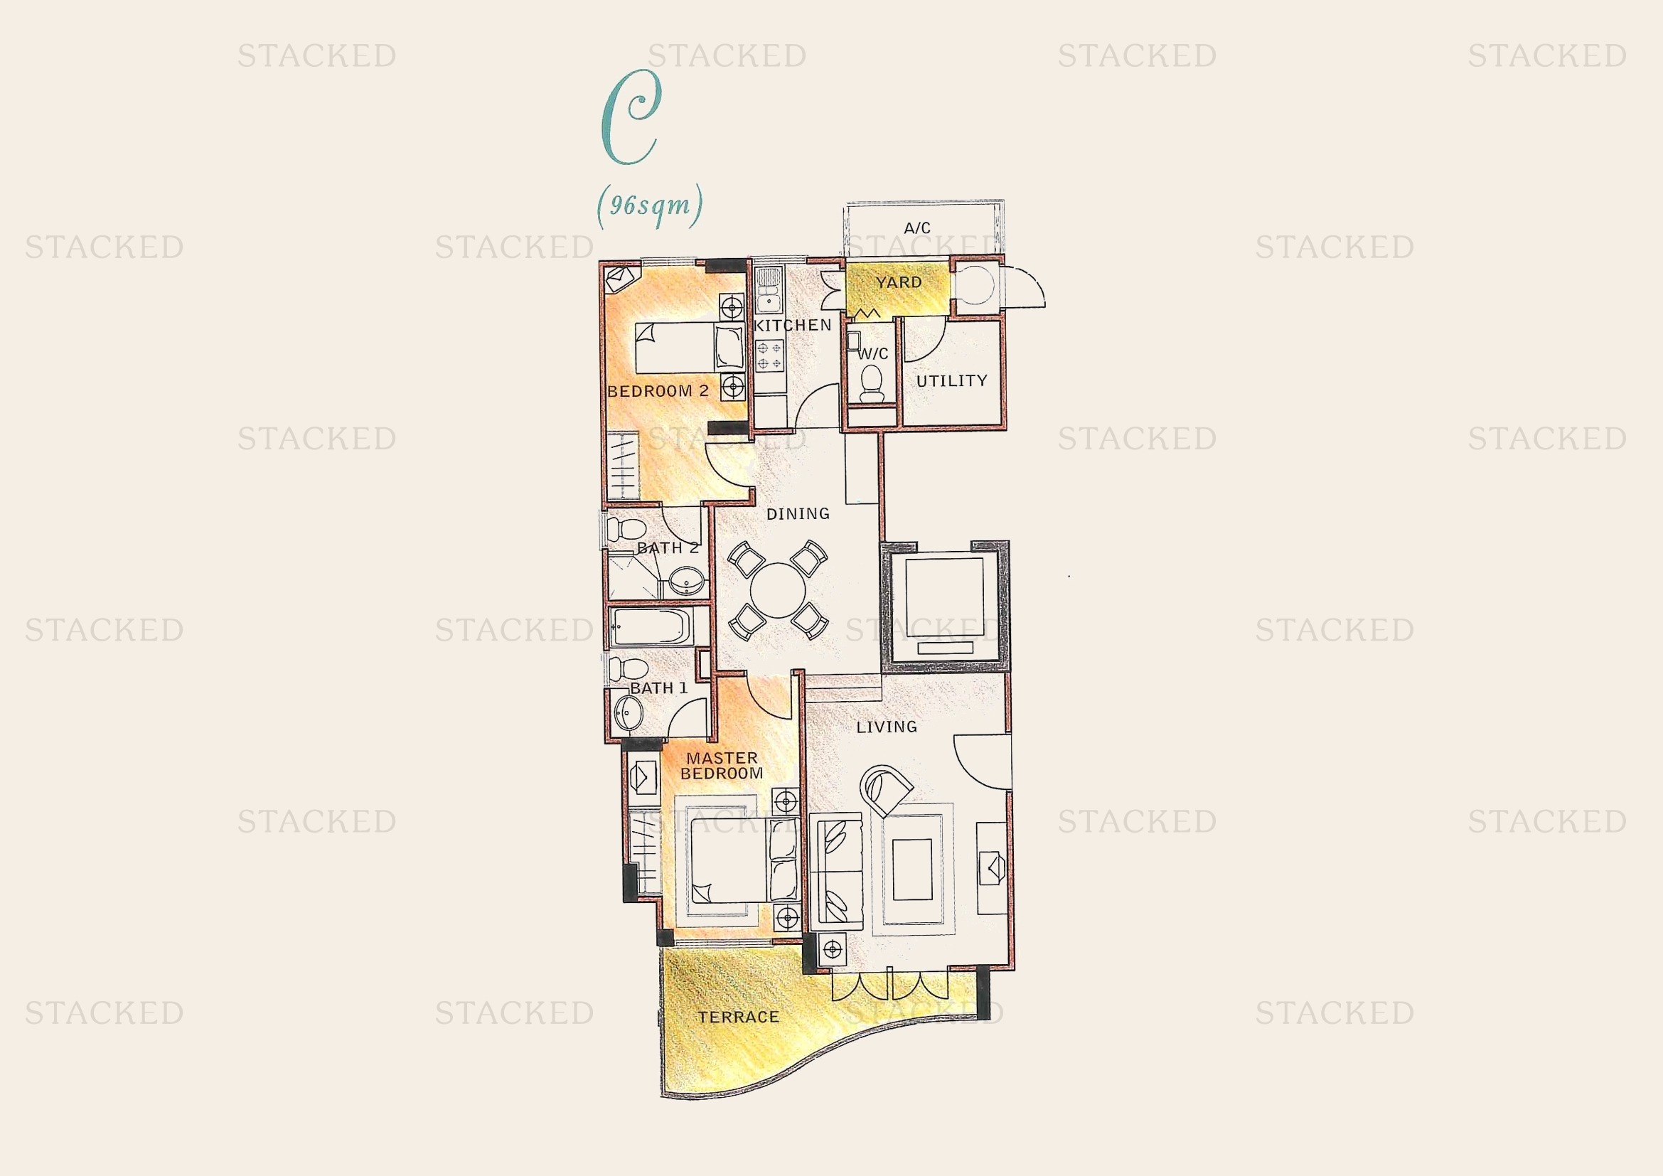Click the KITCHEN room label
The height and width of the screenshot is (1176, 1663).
click(x=792, y=325)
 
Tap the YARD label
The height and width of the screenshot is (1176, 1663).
click(x=898, y=282)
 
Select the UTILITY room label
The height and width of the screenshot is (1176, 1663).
click(x=952, y=381)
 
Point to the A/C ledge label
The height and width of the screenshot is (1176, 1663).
click(x=917, y=228)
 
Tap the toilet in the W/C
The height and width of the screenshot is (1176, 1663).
click(x=872, y=384)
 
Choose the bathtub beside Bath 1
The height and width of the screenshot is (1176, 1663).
click(x=650, y=626)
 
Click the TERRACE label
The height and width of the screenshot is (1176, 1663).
click(x=738, y=1017)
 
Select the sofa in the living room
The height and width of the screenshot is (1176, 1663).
click(x=837, y=872)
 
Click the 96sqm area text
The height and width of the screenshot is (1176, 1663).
click(x=650, y=205)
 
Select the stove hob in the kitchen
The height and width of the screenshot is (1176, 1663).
click(x=769, y=355)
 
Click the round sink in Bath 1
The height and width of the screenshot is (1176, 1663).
click(x=627, y=713)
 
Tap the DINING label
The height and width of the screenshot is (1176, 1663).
click(x=798, y=514)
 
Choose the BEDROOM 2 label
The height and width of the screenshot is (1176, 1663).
click(x=658, y=392)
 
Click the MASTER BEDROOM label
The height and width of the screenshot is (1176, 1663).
click(x=722, y=766)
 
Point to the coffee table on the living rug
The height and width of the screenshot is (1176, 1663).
click(x=912, y=869)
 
